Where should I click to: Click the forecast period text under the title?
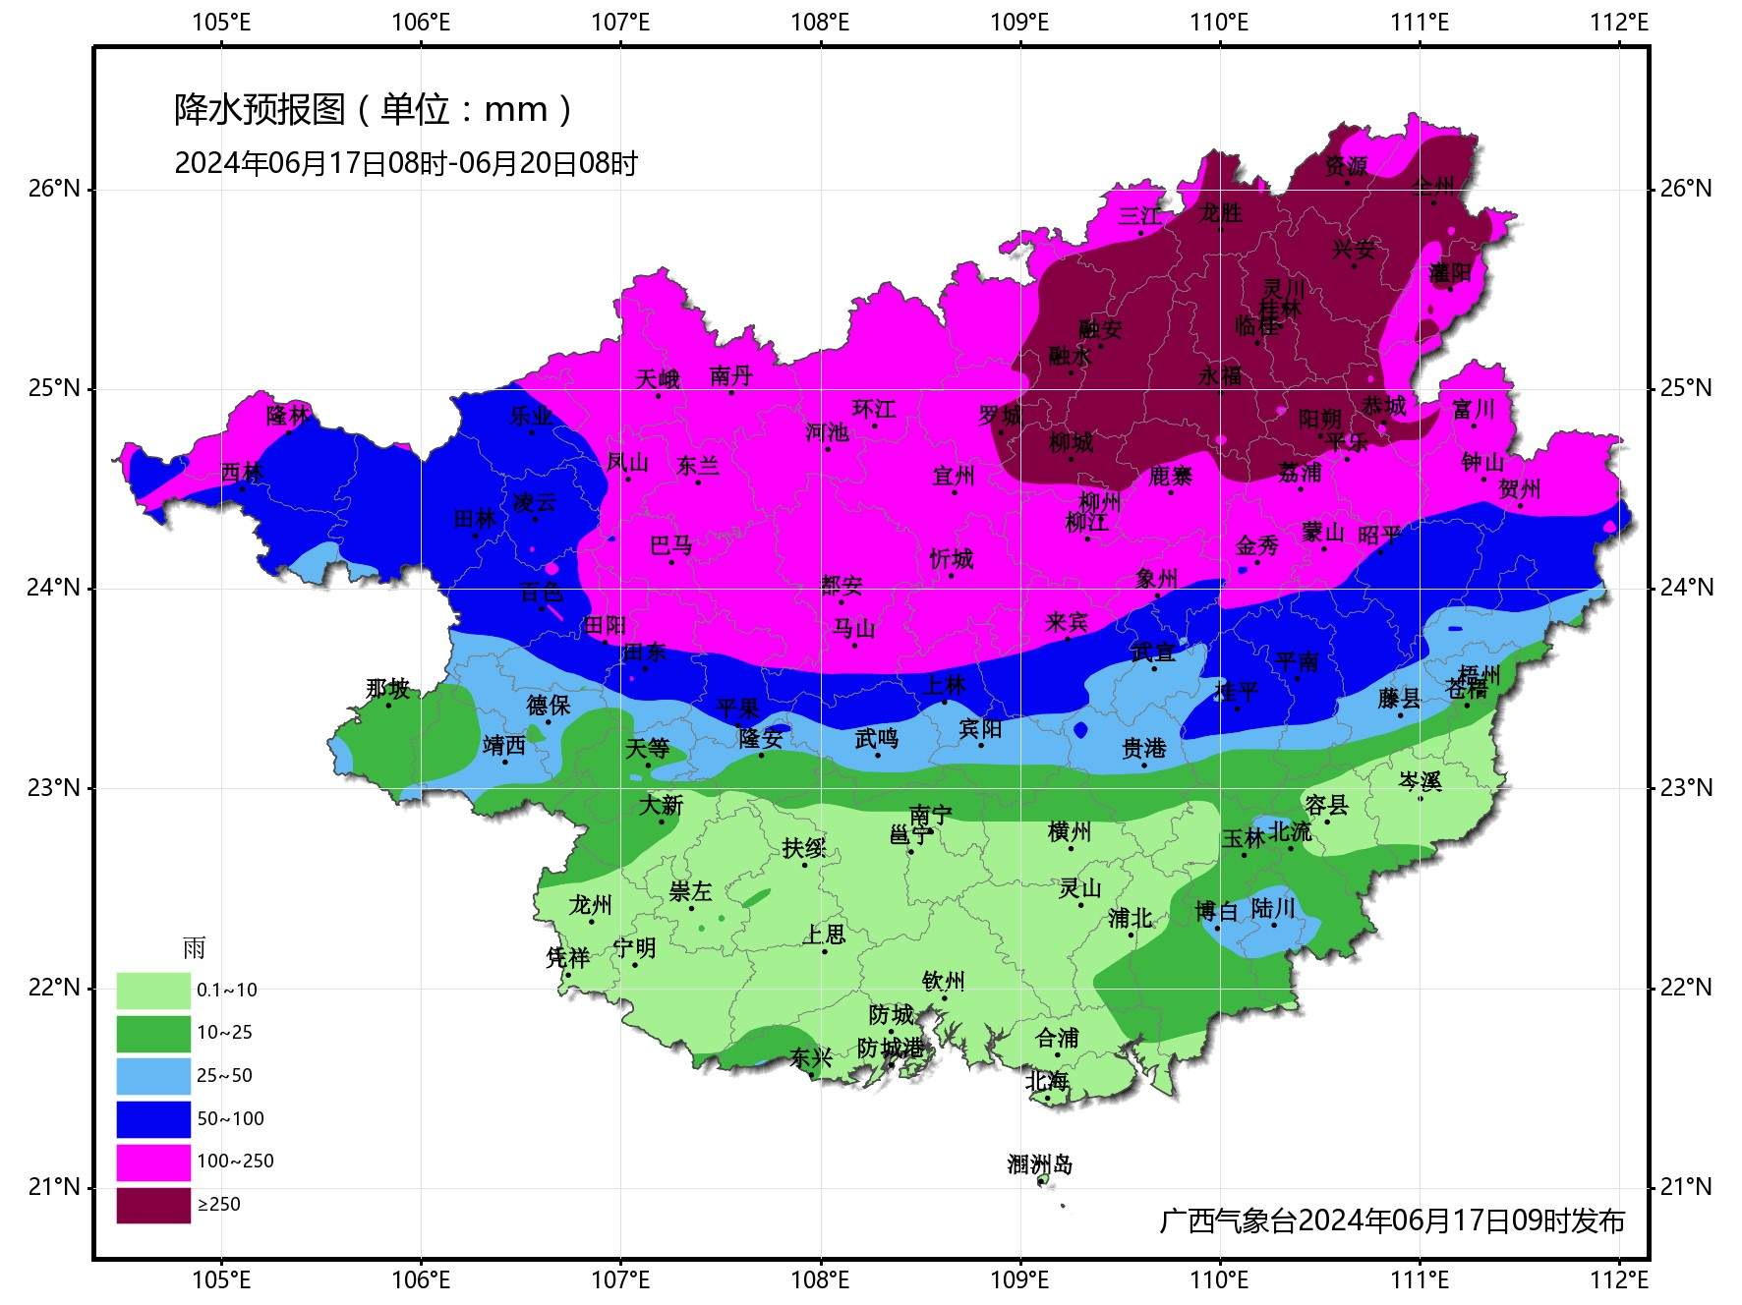[x=406, y=163]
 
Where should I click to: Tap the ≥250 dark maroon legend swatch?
[x=153, y=1205]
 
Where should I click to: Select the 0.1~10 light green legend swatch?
[x=153, y=991]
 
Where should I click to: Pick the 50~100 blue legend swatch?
[x=153, y=1119]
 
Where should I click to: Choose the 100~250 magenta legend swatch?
[x=153, y=1162]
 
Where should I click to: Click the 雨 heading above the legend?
[x=194, y=948]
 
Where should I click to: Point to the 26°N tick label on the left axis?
[x=54, y=189]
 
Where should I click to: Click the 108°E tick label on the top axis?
[x=820, y=22]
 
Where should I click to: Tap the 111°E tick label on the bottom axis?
[x=1420, y=1279]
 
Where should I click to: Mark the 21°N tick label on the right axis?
[x=1686, y=1187]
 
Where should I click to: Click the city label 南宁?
[x=930, y=816]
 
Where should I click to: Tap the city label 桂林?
[x=1280, y=309]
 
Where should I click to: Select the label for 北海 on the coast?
[x=1046, y=1081]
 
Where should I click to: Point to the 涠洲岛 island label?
[x=1039, y=1165]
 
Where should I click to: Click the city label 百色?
[x=542, y=593]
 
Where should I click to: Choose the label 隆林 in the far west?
[x=287, y=416]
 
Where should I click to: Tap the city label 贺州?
[x=1519, y=489]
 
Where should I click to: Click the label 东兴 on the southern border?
[x=810, y=1057]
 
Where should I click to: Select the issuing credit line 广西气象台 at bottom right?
[x=1392, y=1220]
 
